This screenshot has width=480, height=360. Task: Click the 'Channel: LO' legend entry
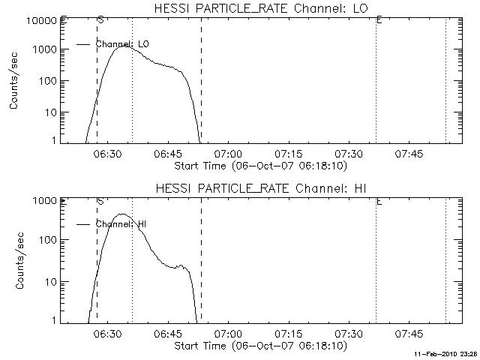[x=123, y=45]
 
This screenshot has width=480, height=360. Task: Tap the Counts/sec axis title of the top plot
[x=14, y=80]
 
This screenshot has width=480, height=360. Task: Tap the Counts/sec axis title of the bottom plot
[x=14, y=260]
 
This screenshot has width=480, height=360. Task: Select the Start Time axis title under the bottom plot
[x=259, y=346]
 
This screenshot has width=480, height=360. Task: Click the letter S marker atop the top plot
[x=100, y=20]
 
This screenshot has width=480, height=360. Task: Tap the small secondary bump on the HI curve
[x=180, y=265]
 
